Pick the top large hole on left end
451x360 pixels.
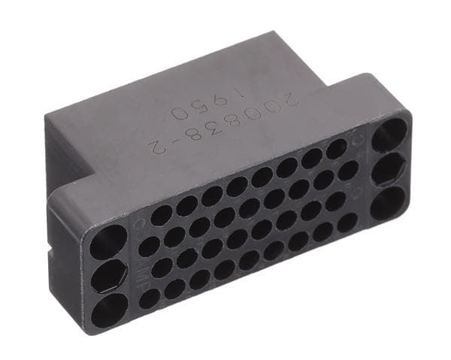point(107,242)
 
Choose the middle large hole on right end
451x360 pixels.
point(389,170)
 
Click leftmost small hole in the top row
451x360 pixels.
point(161,216)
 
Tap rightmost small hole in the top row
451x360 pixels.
point(336,148)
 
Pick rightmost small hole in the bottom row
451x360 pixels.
point(347,222)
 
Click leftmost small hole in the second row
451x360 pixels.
point(150,246)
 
